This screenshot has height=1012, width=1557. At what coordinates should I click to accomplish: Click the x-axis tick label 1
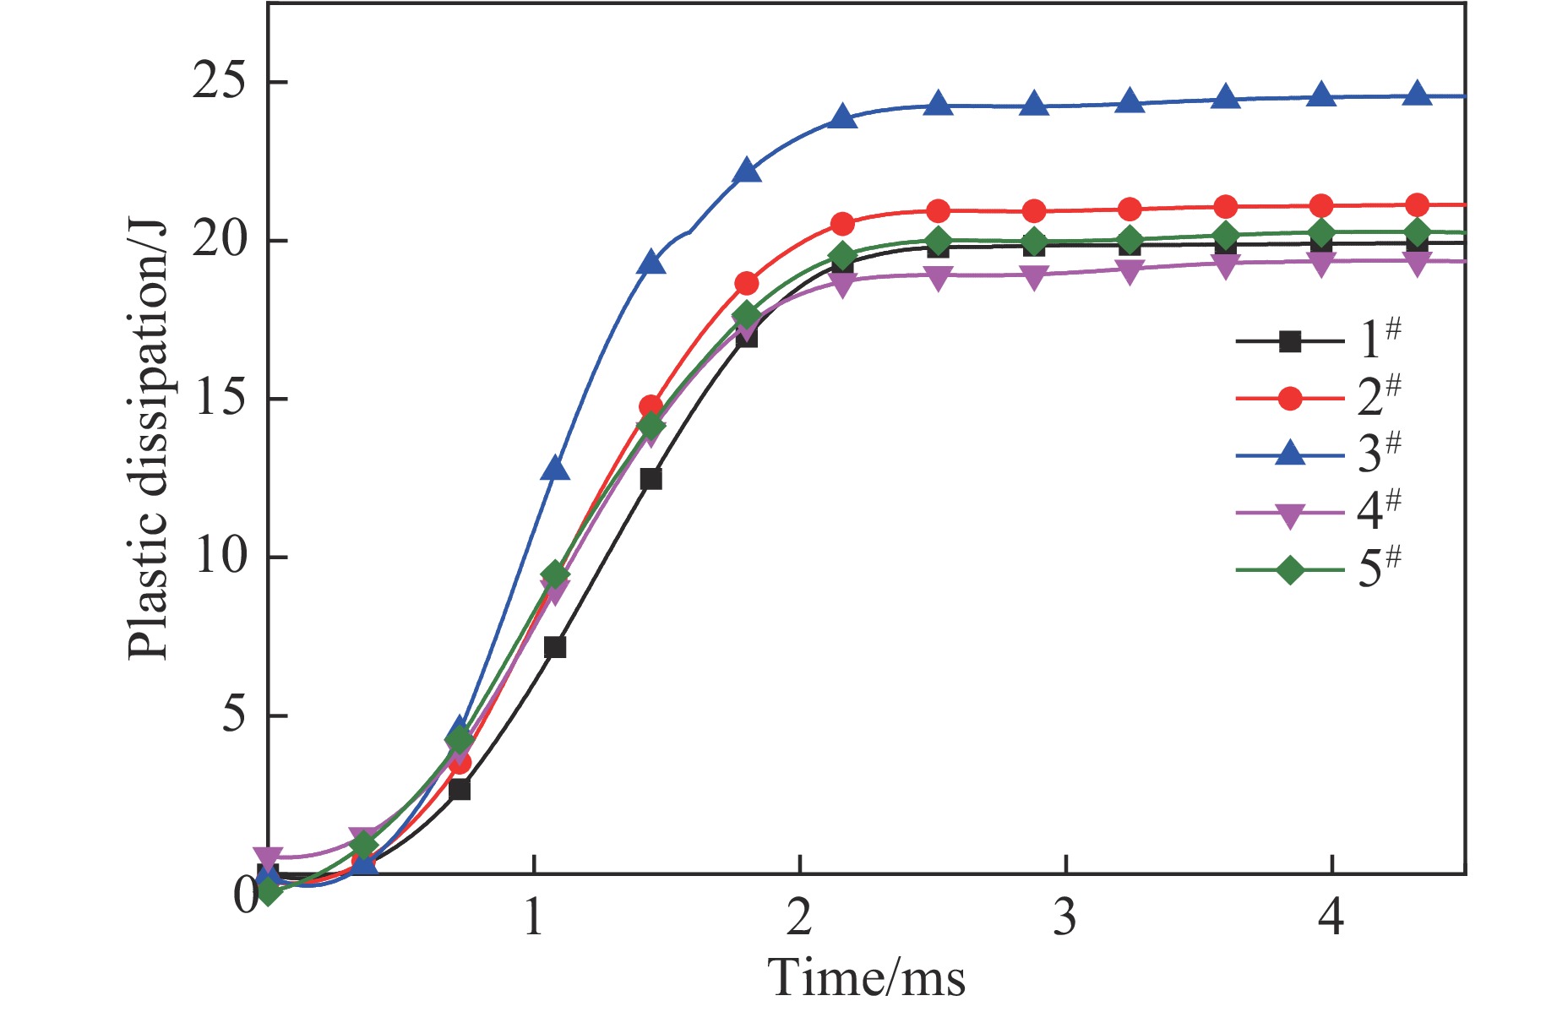533,916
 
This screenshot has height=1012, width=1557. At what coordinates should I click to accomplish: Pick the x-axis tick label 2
799,916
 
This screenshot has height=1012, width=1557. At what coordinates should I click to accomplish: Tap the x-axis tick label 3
1065,916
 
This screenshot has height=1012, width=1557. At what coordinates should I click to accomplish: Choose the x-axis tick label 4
1331,916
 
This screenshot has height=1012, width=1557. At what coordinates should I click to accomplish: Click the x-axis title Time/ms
867,978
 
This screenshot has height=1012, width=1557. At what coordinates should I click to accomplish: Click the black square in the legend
1289,341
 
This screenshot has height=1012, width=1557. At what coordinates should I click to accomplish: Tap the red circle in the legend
1289,398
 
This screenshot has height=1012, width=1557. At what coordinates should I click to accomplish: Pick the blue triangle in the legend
1289,454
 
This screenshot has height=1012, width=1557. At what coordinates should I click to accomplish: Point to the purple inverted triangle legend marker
1289,514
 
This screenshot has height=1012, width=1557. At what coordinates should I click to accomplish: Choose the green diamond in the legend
1289,570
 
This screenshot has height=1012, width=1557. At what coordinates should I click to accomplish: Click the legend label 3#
1379,453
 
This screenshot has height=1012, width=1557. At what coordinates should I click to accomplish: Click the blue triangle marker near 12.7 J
555,468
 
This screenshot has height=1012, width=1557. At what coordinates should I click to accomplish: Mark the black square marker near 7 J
555,647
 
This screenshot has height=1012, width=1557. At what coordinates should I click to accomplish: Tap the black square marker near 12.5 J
651,479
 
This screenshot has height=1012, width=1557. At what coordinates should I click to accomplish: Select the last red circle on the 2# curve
1417,204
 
